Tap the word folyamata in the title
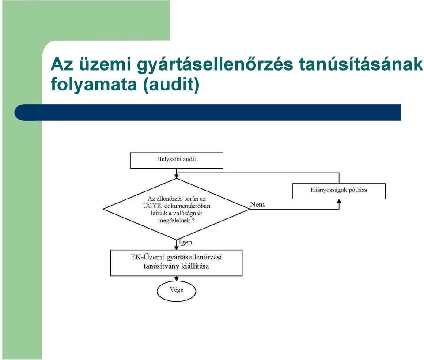94,85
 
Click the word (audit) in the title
171,85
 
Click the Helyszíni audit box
177,161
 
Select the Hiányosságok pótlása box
339,191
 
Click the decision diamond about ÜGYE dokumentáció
176,209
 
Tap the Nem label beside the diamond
257,204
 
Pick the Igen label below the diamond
185,242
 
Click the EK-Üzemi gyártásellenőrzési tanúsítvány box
177,263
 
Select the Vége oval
176,291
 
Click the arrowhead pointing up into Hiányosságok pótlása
339,201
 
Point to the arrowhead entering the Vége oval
176,279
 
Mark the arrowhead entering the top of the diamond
176,176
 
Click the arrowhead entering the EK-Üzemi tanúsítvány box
176,247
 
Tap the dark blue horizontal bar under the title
208,112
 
